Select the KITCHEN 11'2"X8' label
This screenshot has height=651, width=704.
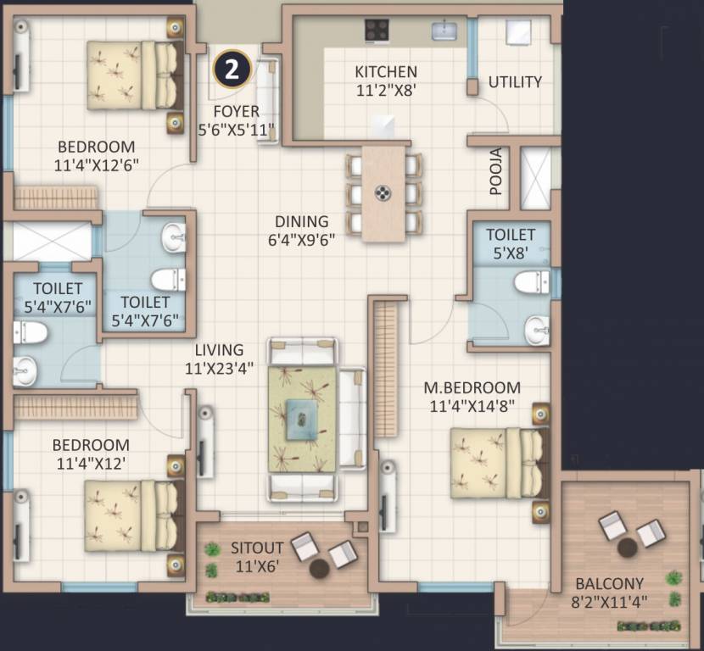385,80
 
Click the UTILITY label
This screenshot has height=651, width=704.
515,82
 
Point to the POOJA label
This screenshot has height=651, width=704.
496,172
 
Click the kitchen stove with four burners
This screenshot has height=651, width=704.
377,30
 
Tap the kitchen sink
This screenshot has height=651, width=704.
444,31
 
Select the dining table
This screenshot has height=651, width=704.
383,192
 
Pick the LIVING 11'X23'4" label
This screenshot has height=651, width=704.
218,359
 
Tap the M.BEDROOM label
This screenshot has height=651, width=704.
470,398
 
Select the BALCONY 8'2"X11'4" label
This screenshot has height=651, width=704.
609,593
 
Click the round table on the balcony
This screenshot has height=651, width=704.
628,548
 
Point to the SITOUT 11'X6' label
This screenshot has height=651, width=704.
258,557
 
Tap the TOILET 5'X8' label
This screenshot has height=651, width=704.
511,243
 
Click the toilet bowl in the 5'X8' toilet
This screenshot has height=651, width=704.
534,281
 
